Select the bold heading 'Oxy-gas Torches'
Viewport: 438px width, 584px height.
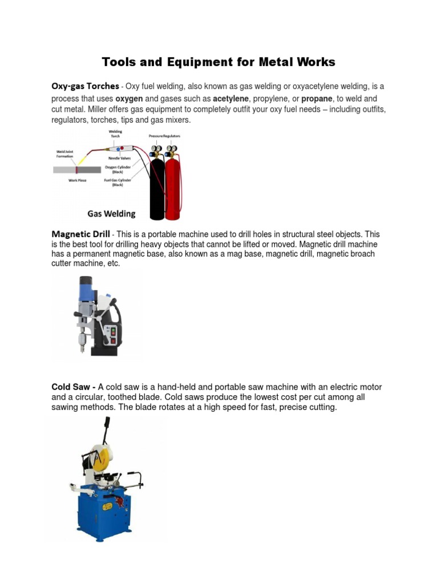[85, 86]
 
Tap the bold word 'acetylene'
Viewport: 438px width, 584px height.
[231, 98]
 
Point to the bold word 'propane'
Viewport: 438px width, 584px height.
[317, 98]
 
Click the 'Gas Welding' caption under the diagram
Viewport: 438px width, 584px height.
[111, 214]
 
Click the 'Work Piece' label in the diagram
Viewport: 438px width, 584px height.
[77, 180]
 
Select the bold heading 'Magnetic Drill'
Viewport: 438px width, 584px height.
[80, 234]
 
